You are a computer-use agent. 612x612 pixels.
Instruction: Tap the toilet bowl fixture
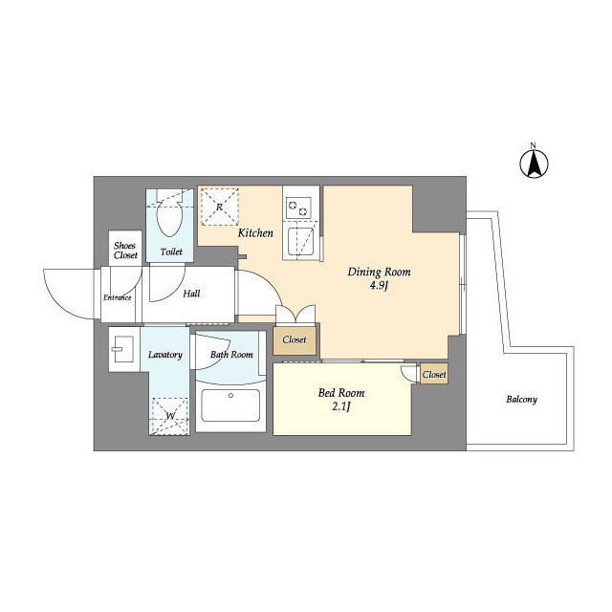[x=169, y=213]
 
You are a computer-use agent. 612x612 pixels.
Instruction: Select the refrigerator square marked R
[x=219, y=207]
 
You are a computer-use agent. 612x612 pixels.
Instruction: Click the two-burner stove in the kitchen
[x=298, y=208]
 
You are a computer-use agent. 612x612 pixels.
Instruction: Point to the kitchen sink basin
[x=301, y=241]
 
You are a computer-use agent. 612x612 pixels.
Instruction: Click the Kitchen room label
[x=255, y=233]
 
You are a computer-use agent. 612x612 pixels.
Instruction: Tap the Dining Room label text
[x=379, y=272]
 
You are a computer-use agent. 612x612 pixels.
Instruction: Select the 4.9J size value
[x=379, y=286]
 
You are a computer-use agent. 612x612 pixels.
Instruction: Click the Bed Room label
[x=341, y=393]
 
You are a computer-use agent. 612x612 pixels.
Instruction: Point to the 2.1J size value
[x=341, y=406]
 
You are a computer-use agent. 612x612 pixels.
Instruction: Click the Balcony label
[x=521, y=400]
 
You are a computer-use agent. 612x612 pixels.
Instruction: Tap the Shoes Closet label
[x=125, y=251]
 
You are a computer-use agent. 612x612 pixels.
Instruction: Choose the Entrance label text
[x=117, y=297]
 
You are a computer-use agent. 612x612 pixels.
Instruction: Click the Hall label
[x=191, y=294]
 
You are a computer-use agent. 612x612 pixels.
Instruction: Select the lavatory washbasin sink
[x=123, y=349]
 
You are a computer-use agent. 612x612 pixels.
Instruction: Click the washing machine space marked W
[x=170, y=416]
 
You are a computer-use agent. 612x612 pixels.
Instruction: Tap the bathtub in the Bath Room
[x=230, y=405]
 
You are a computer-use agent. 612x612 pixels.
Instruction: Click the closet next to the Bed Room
[x=433, y=374]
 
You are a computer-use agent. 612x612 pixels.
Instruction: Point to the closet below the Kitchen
[x=295, y=340]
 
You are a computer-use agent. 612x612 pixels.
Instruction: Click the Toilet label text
[x=171, y=252]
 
